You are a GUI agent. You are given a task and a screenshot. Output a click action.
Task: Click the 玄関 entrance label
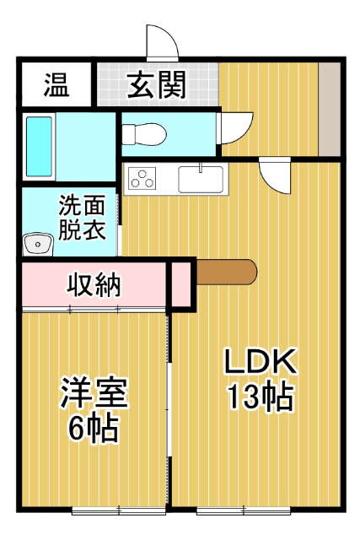pyautogui.click(x=157, y=84)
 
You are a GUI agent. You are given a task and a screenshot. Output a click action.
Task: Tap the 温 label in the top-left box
pyautogui.click(x=56, y=84)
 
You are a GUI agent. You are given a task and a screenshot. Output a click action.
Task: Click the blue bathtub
pyautogui.click(x=40, y=147)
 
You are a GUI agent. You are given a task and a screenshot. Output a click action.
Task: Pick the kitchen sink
pyautogui.click(x=201, y=179)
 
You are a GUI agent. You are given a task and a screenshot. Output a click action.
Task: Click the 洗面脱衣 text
pyautogui.click(x=82, y=218)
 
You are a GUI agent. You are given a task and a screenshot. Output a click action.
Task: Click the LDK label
pyautogui.click(x=260, y=363)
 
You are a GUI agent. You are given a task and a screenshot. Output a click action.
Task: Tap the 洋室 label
pyautogui.click(x=93, y=394)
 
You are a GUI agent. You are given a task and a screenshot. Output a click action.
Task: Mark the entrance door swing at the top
pyautogui.click(x=162, y=42)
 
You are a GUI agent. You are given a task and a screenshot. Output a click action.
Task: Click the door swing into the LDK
pyautogui.click(x=274, y=175)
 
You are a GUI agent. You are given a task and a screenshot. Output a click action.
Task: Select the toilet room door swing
pyautogui.click(x=234, y=127)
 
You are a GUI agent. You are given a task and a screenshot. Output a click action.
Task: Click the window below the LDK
pyautogui.click(x=244, y=510)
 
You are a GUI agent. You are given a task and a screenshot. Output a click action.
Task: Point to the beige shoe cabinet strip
pyautogui.click(x=329, y=108)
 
